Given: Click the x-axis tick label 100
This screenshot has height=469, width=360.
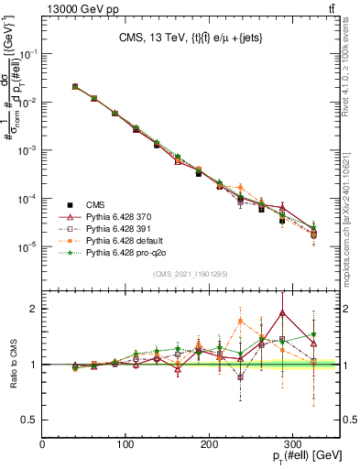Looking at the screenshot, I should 125,444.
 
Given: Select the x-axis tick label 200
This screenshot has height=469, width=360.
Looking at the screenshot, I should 209,444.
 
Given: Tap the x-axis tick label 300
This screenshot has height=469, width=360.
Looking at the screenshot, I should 292,444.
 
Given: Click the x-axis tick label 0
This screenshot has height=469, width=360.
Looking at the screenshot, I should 43,444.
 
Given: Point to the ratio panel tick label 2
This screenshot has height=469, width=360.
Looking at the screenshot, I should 35,309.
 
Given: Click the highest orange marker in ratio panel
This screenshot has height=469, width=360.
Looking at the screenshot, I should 240,321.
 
